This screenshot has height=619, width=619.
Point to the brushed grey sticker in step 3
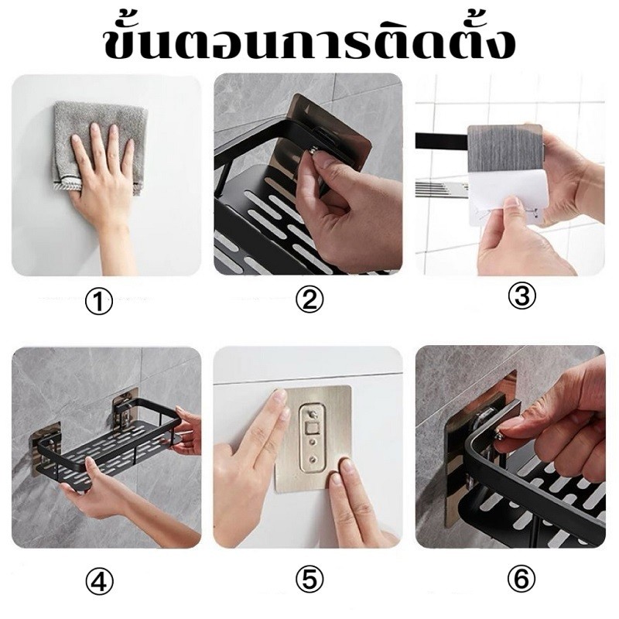[503, 151]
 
